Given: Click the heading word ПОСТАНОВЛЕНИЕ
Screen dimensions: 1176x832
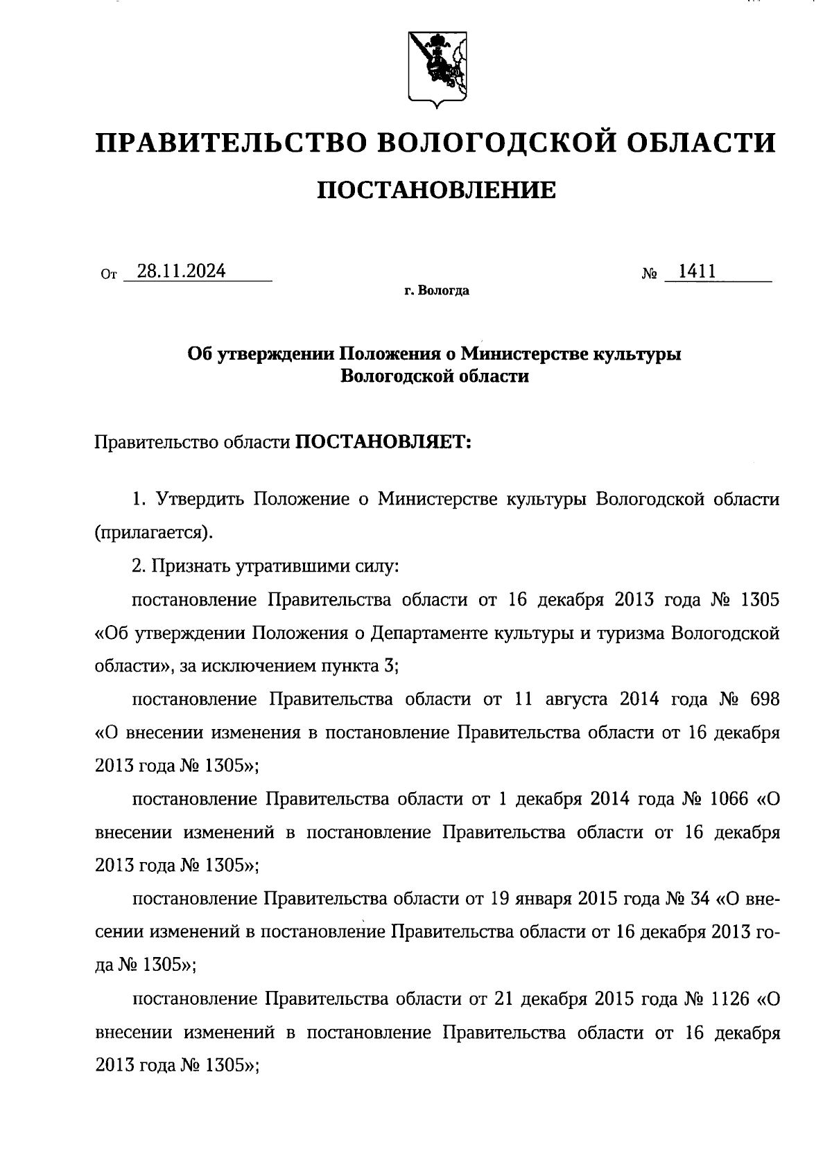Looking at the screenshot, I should coord(436,190).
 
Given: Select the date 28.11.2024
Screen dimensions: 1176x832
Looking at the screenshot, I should coord(181,271).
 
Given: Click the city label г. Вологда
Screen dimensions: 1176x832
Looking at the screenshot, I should coord(437,291).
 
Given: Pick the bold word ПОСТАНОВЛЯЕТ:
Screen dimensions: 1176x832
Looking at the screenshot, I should coord(383,441).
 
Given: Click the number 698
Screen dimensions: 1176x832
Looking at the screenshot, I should coord(765,699).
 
